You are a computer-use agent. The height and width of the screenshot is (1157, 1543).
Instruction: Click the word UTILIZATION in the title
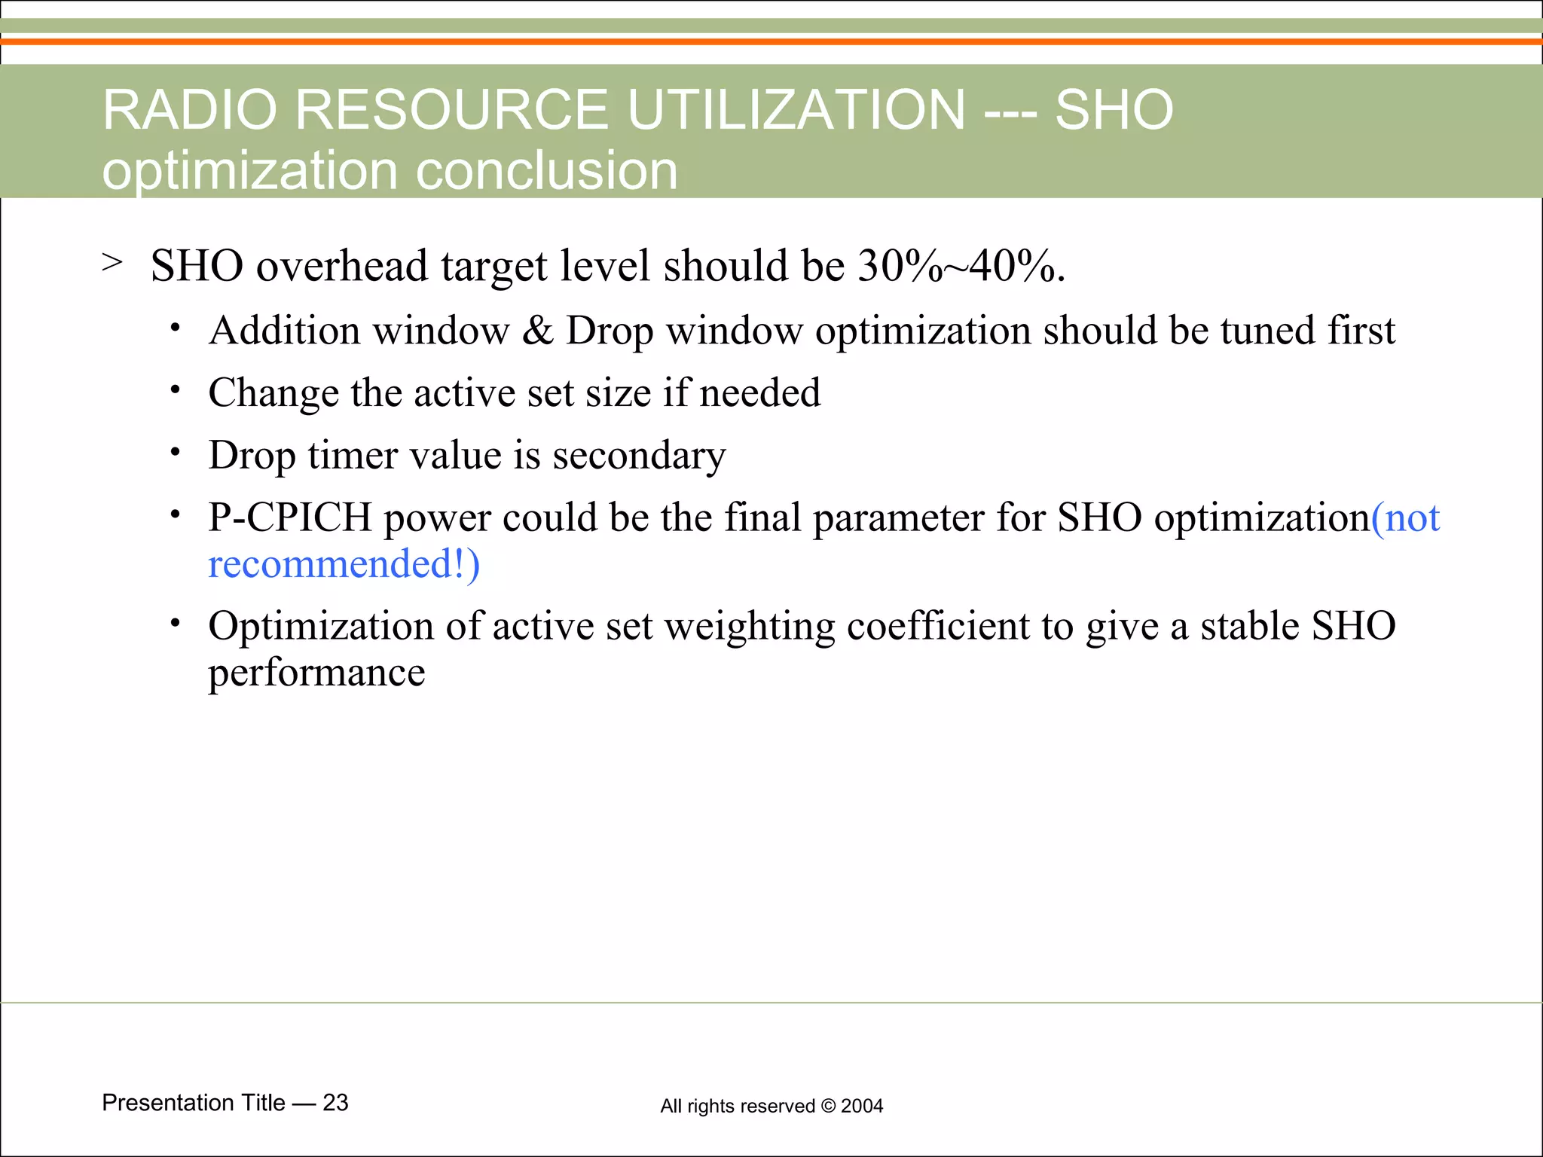click(796, 110)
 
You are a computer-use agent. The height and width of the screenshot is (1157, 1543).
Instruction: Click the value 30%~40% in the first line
click(961, 267)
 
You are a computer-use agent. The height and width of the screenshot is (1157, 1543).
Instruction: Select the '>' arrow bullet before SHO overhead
click(112, 263)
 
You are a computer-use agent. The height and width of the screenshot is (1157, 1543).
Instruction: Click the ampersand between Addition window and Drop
click(537, 331)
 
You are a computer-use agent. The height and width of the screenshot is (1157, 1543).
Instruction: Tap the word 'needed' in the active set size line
click(759, 393)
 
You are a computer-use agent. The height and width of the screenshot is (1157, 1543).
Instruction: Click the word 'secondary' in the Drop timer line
click(639, 456)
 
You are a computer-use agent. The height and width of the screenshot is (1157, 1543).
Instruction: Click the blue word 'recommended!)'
click(344, 565)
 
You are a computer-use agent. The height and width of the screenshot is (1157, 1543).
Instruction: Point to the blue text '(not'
click(1405, 518)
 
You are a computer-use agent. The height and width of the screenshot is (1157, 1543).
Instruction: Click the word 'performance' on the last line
click(316, 673)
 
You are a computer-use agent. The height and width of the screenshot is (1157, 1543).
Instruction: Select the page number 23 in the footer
click(335, 1103)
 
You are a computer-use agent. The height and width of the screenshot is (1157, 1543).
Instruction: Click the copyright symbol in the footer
click(828, 1106)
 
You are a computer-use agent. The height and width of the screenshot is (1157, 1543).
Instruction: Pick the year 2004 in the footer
click(862, 1106)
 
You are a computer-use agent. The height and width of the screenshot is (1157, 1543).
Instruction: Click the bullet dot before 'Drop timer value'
click(175, 452)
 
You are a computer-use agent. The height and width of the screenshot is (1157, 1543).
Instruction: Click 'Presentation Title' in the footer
click(194, 1103)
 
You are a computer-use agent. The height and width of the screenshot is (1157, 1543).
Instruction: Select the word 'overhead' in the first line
click(342, 267)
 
